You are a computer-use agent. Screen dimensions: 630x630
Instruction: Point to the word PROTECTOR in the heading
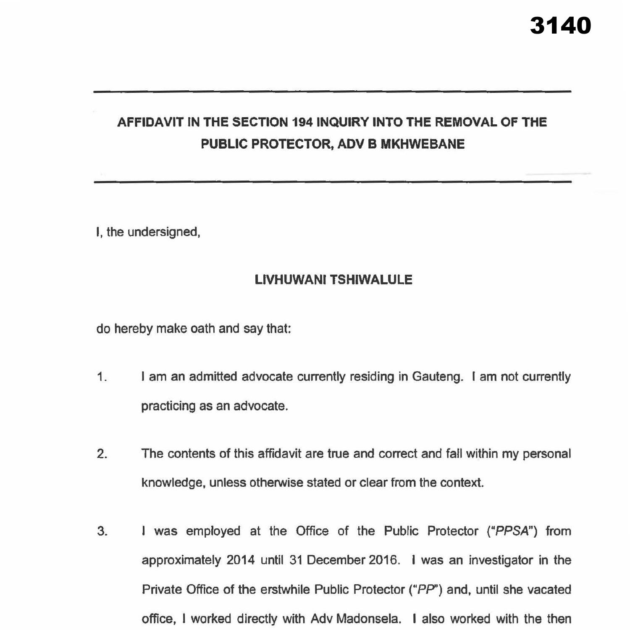point(289,144)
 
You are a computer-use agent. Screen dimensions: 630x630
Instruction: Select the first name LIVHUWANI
point(290,280)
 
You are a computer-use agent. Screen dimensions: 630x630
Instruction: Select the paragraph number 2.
point(102,454)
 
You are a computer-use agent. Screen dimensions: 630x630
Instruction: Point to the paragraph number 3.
point(102,531)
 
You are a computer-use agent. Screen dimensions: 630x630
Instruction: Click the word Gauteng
point(437,377)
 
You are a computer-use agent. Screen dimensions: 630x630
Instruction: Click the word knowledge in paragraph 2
point(173,483)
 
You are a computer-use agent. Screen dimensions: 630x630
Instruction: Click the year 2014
point(240,560)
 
